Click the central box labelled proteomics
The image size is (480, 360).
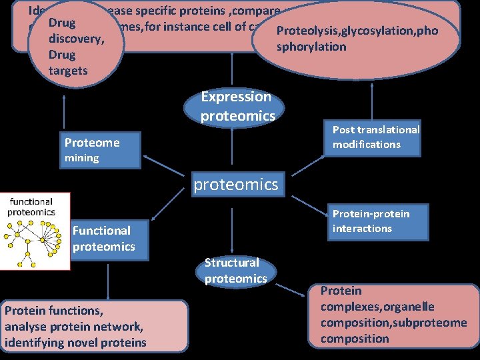236,184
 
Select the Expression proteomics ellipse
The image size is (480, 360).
237,107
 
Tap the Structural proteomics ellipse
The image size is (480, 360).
235,271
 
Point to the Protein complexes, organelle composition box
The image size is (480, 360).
394,315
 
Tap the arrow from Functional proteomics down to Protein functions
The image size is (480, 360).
107,280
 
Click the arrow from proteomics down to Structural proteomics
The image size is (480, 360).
232,227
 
